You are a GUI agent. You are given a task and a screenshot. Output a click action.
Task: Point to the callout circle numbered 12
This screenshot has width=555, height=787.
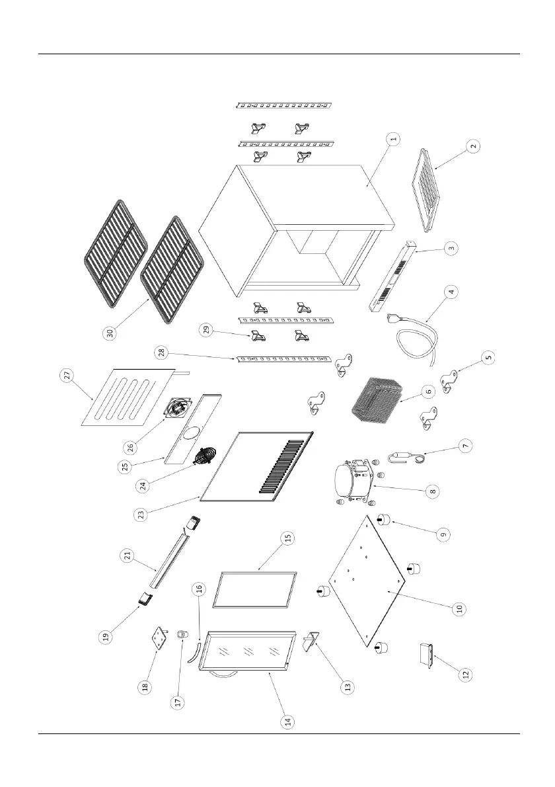click(x=466, y=675)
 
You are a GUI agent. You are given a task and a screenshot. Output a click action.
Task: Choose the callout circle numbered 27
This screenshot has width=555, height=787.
click(x=66, y=376)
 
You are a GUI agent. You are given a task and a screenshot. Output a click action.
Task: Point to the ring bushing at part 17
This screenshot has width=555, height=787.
click(x=179, y=636)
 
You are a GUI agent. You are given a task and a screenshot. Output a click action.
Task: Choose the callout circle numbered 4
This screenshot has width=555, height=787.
click(x=452, y=291)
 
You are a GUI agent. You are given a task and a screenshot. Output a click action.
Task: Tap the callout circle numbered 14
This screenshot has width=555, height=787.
click(x=287, y=722)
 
